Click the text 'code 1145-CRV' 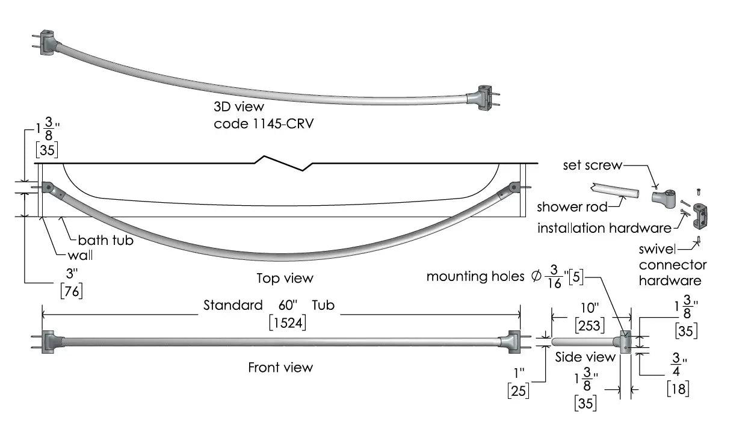[264, 124]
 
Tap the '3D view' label [239, 106]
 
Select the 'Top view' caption [285, 278]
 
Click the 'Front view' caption [280, 367]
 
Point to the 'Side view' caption [585, 357]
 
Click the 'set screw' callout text [592, 165]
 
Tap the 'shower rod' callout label [572, 207]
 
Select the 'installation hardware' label [604, 228]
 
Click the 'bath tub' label [106, 240]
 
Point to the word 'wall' [80, 255]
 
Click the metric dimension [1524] [288, 323]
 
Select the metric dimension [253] [589, 325]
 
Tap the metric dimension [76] [72, 291]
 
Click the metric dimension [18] [678, 389]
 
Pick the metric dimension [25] [518, 390]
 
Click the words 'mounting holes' [475, 276]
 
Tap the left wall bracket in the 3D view [48, 42]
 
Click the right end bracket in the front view [513, 342]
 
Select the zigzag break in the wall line [283, 163]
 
